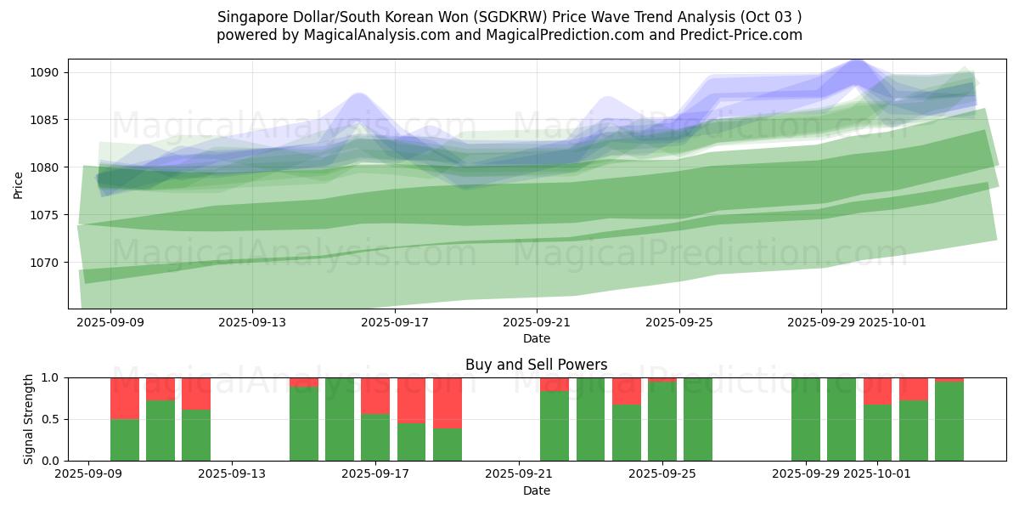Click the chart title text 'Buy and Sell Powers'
click(536, 365)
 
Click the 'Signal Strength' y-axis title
click(28, 419)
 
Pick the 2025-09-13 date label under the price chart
click(252, 323)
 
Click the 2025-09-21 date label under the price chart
click(537, 323)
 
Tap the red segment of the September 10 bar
click(160, 388)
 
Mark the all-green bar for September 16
click(340, 419)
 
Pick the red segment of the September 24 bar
click(627, 391)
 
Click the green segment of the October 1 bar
click(877, 433)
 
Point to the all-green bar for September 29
click(806, 419)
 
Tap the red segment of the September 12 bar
click(196, 394)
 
